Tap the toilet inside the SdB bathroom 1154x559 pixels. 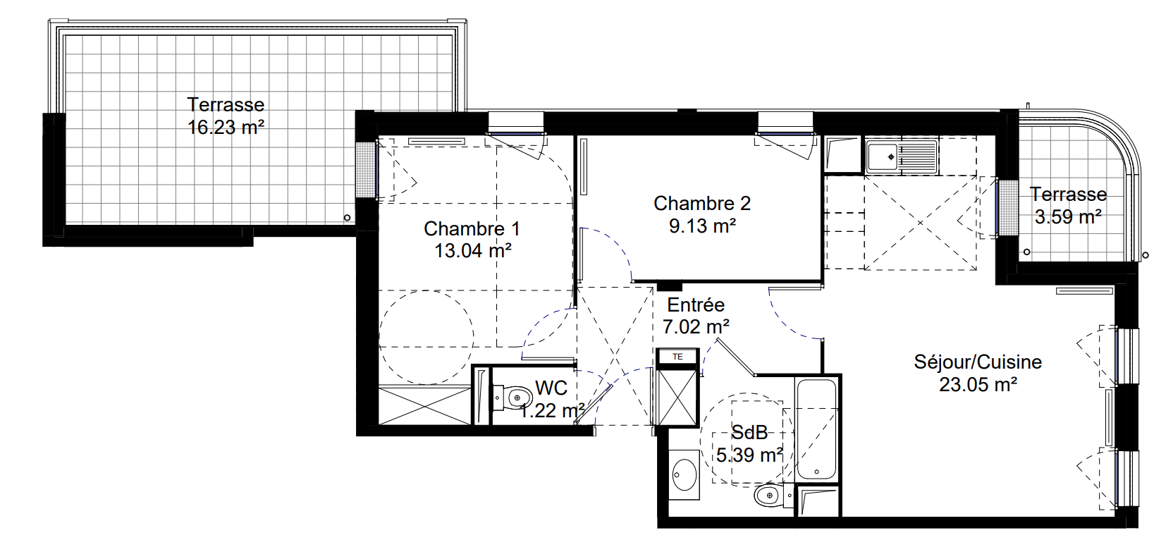(773, 496)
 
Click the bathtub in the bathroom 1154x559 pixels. (816, 429)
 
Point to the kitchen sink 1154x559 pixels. (901, 156)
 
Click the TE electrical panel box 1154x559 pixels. (677, 357)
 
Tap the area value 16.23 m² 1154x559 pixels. (226, 127)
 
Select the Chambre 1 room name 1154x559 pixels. (472, 229)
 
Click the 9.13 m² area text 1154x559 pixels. (702, 226)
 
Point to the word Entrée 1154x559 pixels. (696, 305)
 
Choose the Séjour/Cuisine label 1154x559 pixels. (978, 362)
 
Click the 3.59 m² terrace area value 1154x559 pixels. (1068, 217)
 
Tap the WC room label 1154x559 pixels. (551, 388)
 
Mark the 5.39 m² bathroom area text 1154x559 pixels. (749, 455)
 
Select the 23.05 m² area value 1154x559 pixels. (978, 384)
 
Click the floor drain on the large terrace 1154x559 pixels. (348, 218)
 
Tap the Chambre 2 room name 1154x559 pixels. (702, 204)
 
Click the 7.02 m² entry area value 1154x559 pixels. (696, 326)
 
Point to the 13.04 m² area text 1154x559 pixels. (472, 251)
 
